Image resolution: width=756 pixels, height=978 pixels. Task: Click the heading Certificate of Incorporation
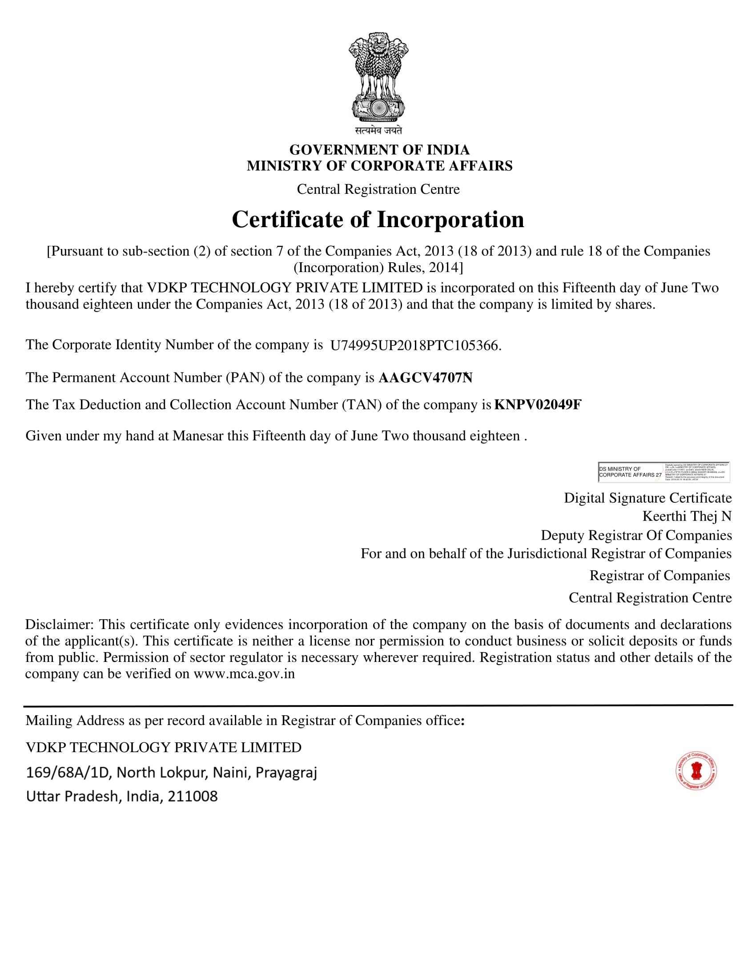point(378,220)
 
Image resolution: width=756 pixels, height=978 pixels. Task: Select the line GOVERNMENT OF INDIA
point(379,149)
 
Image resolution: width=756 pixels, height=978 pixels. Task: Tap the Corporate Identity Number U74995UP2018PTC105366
point(415,346)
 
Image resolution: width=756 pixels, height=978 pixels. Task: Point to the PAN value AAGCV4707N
point(425,378)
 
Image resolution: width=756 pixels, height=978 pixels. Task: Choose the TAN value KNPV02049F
point(538,405)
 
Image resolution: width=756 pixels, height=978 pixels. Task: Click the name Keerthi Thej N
point(687,516)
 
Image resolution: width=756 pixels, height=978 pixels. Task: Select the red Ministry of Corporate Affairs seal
point(696,770)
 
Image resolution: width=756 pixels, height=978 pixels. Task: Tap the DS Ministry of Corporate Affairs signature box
point(664,472)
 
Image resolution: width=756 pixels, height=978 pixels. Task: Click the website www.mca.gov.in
point(244,674)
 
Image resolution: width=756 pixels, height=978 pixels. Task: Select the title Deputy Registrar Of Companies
point(636,535)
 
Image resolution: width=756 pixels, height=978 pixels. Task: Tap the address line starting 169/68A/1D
point(172,773)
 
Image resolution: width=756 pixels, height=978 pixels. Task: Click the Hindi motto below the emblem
point(378,131)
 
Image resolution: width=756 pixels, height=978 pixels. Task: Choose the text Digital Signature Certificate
point(647,498)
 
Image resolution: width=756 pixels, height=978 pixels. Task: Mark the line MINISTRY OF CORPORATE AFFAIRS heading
point(379,166)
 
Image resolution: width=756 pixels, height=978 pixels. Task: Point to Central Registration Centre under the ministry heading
point(378,189)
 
